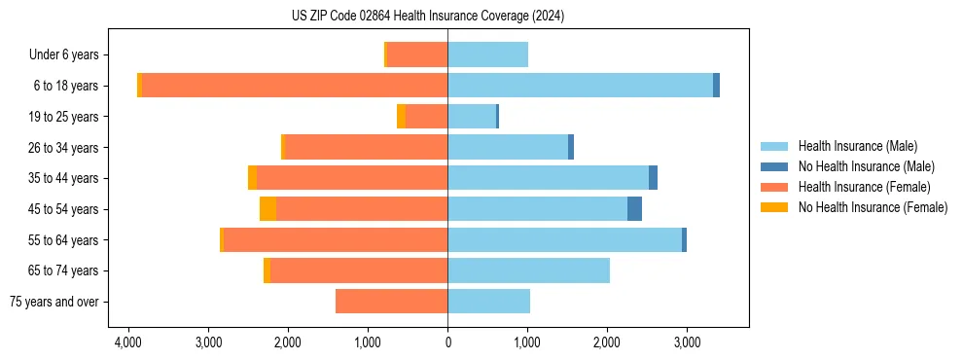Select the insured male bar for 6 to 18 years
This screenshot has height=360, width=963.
tap(580, 86)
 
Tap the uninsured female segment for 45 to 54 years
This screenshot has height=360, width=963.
tap(267, 209)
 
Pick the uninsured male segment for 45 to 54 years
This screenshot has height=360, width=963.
tap(634, 209)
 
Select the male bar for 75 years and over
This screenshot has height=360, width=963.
tap(488, 302)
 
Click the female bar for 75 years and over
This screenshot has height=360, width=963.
tap(391, 302)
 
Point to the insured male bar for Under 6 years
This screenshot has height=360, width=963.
tap(487, 54)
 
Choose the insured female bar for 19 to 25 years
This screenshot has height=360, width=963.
tap(426, 117)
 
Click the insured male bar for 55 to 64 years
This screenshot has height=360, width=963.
tap(564, 240)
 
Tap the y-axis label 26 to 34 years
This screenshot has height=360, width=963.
tap(65, 148)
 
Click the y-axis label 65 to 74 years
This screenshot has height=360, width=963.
tap(65, 270)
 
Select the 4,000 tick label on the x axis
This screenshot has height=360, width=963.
tap(128, 342)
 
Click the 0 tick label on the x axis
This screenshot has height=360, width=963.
tap(447, 342)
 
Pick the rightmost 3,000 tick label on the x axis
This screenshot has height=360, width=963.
tap(687, 342)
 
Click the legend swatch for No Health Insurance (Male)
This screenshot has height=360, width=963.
tap(774, 166)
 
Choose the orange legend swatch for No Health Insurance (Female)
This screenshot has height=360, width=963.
tap(774, 207)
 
